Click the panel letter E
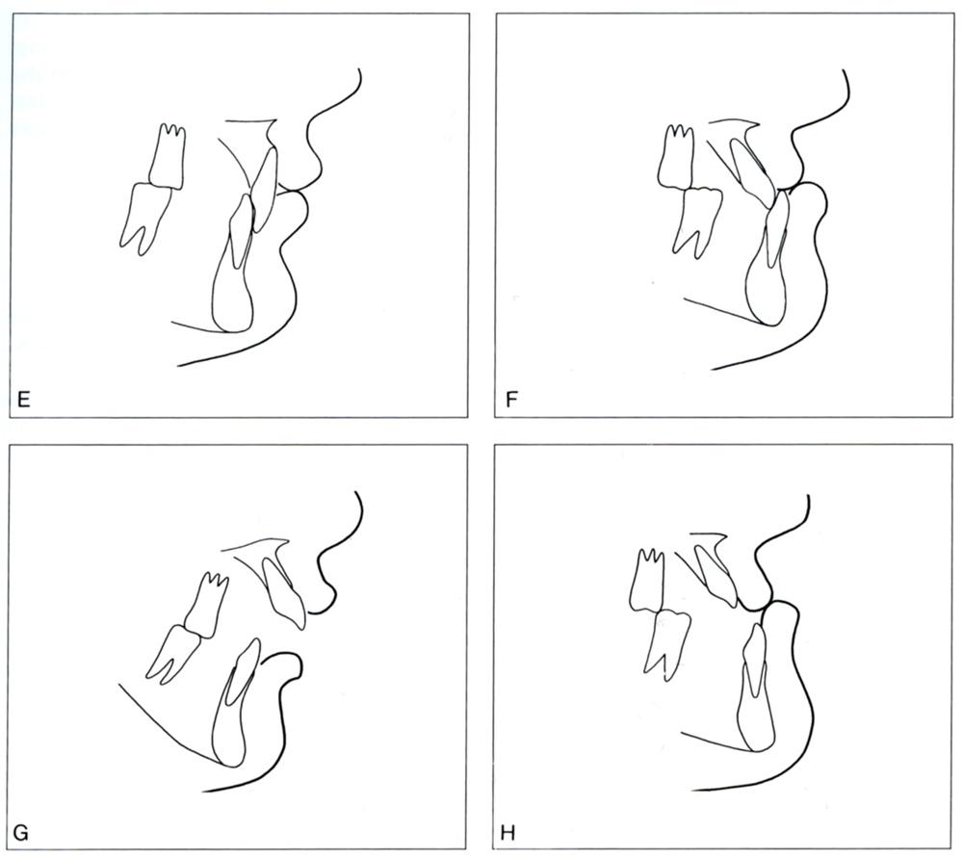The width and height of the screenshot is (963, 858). tap(24, 401)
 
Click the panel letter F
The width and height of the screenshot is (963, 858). tap(511, 401)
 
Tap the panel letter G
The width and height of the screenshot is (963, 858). tap(22, 833)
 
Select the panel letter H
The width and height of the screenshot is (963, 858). tap(508, 833)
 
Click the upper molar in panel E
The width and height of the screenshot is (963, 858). tap(167, 157)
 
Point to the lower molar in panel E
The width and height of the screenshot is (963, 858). tap(145, 218)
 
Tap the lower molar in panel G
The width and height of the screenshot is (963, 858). tap(173, 655)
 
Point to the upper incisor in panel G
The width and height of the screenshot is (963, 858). tap(284, 591)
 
